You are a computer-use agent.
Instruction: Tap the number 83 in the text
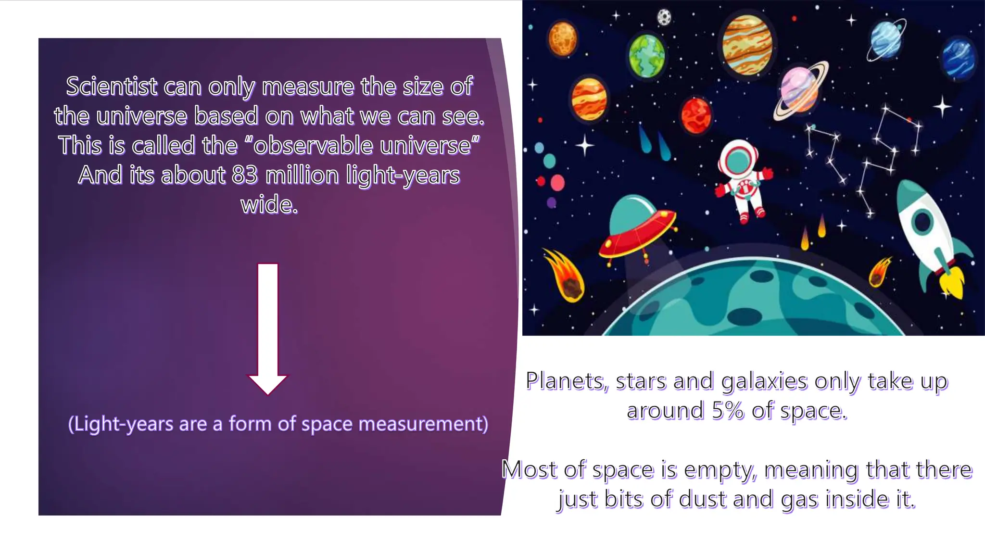[244, 175]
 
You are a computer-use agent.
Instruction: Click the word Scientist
[112, 87]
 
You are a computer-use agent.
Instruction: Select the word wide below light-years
[269, 205]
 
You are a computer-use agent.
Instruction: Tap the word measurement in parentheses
[423, 424]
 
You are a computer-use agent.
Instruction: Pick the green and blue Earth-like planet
[647, 56]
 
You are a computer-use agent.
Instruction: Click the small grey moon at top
[664, 17]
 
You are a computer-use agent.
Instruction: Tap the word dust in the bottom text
[703, 499]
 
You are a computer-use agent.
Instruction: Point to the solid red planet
[696, 115]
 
